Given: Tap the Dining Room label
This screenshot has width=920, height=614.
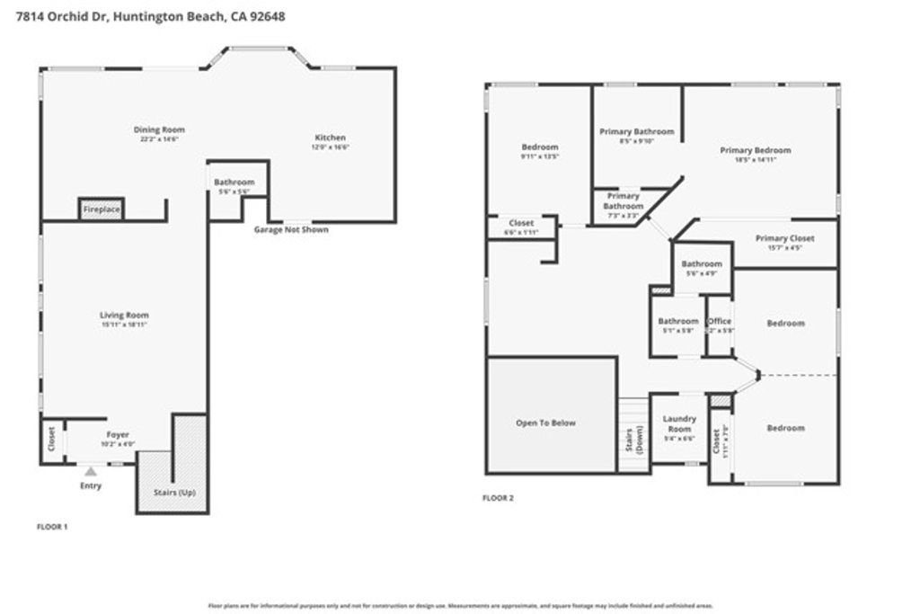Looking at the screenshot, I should click(160, 129).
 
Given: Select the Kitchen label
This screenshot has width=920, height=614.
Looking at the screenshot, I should click(329, 138).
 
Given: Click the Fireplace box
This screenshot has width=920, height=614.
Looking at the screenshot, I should click(101, 209).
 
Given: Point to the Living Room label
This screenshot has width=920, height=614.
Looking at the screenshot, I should click(124, 316).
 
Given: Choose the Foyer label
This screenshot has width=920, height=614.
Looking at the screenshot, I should click(119, 434).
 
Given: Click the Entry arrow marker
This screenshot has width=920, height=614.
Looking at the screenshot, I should click(90, 469).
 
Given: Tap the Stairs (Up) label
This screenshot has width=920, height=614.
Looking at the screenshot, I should click(174, 493).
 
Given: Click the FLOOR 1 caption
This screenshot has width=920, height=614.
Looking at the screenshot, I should click(52, 526).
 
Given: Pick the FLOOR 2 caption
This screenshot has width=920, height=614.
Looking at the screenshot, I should click(499, 497).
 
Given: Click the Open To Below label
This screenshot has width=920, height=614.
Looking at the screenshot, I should click(545, 423).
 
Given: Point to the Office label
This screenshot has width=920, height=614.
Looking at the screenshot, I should click(720, 321).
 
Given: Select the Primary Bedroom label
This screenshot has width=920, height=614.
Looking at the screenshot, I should click(756, 150).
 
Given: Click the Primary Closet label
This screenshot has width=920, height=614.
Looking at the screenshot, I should click(784, 238).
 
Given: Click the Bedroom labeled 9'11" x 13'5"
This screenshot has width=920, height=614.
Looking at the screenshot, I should click(540, 147).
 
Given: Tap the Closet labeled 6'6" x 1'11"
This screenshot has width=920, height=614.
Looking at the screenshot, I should click(521, 223).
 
